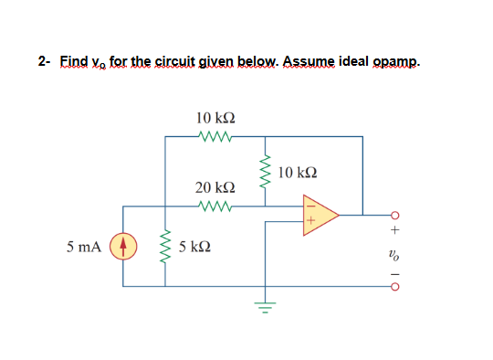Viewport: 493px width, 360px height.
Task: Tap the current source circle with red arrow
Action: point(123,247)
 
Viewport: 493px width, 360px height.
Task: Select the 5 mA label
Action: point(84,247)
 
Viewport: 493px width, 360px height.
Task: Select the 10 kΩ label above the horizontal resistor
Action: point(215,118)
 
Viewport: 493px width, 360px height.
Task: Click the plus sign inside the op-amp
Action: point(309,221)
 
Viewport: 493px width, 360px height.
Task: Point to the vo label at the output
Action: point(394,256)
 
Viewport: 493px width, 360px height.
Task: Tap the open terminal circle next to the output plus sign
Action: point(394,216)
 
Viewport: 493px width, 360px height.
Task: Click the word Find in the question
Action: point(73,62)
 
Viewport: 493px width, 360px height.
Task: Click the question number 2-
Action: point(44,62)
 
